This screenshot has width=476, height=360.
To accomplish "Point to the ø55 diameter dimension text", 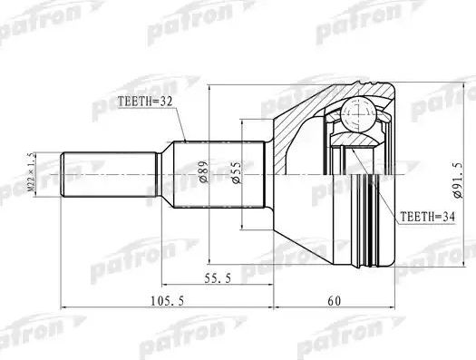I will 238,172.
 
